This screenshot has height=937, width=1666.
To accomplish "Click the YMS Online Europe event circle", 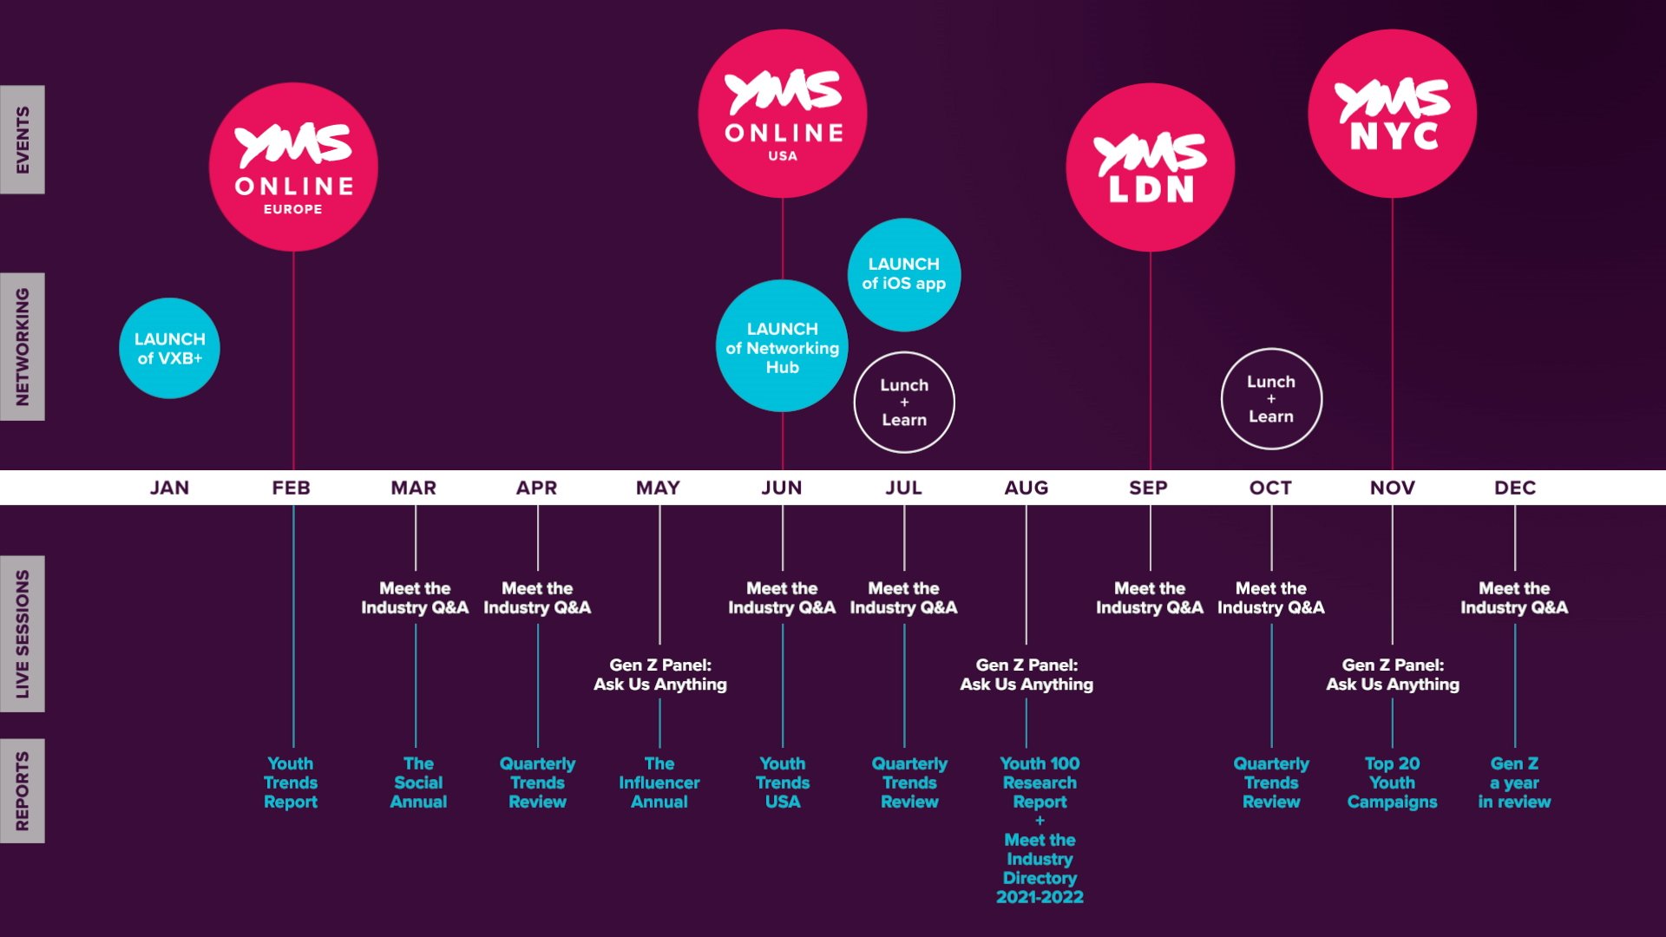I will click(x=293, y=167).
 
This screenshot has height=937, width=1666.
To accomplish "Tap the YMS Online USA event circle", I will click(x=783, y=114).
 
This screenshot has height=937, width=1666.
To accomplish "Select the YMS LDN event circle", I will click(x=1150, y=167).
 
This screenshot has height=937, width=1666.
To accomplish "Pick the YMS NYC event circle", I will click(x=1392, y=114).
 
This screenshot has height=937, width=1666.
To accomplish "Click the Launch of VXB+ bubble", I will click(x=169, y=348).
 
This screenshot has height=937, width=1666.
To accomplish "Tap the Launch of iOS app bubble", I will click(x=904, y=274).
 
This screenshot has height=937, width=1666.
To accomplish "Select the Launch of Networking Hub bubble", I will click(x=782, y=347).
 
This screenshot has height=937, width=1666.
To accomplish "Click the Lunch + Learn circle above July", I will click(x=904, y=402).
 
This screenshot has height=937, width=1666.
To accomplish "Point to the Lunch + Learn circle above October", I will click(x=1271, y=399).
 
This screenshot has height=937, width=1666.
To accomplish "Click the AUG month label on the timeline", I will click(x=1026, y=488).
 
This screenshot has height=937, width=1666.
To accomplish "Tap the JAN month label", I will click(x=169, y=488).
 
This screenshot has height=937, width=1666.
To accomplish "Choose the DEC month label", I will click(x=1515, y=488).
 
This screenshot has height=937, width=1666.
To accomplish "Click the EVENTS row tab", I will click(x=23, y=140).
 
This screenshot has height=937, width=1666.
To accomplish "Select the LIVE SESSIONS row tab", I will click(x=23, y=633).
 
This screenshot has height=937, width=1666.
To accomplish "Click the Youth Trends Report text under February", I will click(x=291, y=783).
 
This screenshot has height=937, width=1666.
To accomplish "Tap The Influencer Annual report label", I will click(x=659, y=783).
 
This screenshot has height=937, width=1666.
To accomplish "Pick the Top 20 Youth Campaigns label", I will click(x=1392, y=783).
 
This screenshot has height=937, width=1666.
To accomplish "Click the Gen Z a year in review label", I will click(x=1514, y=783).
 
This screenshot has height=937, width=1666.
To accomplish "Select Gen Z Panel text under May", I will click(x=660, y=674).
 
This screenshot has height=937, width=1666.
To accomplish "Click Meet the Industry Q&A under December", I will click(x=1514, y=598).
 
